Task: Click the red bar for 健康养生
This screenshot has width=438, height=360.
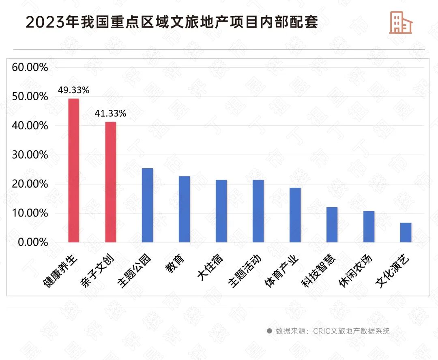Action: click(73, 170)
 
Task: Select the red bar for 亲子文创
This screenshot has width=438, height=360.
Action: click(110, 182)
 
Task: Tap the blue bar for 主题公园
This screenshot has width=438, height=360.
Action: click(147, 205)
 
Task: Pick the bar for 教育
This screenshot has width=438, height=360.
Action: click(184, 209)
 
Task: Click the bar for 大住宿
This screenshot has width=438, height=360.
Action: click(221, 211)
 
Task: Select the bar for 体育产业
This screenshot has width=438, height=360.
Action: click(295, 215)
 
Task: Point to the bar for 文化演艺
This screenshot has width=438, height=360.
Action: click(406, 232)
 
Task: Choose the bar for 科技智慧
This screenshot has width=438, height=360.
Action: click(332, 225)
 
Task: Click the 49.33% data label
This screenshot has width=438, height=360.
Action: click(73, 90)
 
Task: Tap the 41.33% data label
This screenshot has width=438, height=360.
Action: click(110, 114)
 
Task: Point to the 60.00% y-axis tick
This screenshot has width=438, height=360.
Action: click(30, 67)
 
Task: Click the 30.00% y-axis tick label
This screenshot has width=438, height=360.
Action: click(30, 155)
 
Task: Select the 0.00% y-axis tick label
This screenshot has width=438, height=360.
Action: click(32, 242)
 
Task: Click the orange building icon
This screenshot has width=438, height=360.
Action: click(400, 22)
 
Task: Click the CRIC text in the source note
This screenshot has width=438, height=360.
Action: click(322, 331)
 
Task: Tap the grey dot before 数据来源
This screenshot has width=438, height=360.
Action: click(269, 331)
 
